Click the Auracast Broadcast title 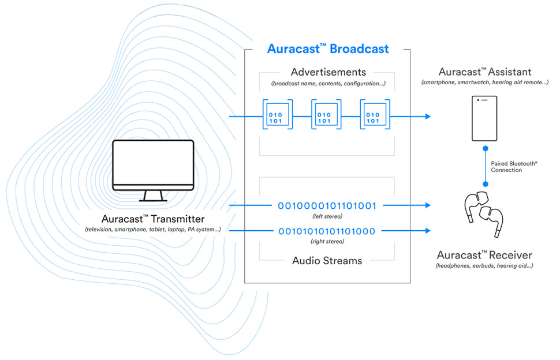point(328,48)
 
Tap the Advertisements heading point(328,72)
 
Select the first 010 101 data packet point(278,115)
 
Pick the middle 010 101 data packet point(326,115)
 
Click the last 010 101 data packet point(375,115)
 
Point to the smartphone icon point(484,118)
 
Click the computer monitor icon point(153,171)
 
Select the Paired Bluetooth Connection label point(514,167)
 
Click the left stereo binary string point(327,205)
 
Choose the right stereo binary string point(327,231)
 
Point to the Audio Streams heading point(327,260)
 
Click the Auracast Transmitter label point(153,219)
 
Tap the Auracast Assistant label point(484,72)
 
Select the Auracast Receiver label point(484,255)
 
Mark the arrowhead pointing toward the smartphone point(428,117)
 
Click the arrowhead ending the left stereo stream point(428,205)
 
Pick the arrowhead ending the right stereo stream point(428,231)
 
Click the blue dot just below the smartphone point(486,148)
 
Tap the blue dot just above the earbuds point(486,184)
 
